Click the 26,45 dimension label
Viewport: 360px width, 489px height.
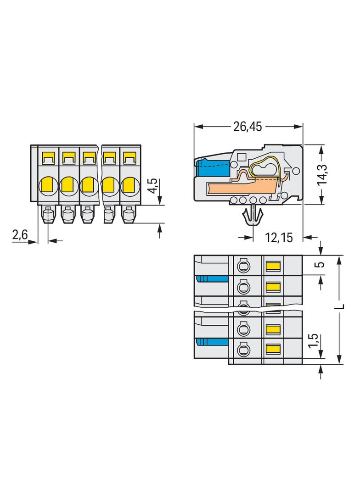[247, 127]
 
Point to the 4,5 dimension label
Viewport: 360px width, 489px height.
[153, 187]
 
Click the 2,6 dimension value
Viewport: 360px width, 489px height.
[20, 235]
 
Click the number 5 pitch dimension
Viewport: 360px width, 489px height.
[321, 265]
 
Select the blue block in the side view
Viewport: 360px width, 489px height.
[213, 169]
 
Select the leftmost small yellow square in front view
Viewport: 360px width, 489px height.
[48, 159]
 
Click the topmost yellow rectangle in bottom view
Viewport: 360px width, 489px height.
[273, 266]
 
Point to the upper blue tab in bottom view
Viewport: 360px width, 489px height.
[213, 279]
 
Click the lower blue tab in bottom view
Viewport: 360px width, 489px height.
[213, 341]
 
